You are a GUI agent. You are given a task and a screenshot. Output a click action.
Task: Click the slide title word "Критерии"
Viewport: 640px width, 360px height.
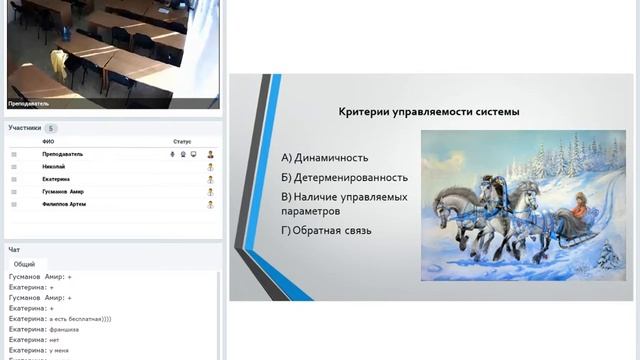[362, 112]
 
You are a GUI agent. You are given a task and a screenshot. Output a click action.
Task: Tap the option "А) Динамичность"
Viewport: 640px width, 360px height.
[325, 157]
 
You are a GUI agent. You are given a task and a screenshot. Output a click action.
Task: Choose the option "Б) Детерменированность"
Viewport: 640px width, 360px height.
[344, 177]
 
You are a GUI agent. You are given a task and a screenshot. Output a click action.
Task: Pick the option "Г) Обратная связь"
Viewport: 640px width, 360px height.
[327, 231]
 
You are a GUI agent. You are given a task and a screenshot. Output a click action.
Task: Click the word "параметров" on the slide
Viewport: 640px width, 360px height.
[311, 211]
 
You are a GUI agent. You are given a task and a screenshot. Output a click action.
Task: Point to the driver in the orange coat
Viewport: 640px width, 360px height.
[577, 210]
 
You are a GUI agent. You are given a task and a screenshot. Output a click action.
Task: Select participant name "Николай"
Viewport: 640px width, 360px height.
[54, 166]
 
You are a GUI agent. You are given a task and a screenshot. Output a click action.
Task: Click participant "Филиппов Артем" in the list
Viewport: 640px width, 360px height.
[64, 204]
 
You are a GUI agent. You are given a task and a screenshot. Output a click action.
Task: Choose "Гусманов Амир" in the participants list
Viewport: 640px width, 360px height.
[62, 191]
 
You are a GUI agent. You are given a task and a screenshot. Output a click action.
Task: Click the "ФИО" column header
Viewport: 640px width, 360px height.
[48, 142]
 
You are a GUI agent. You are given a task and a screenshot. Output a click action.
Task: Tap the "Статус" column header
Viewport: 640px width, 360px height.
[181, 142]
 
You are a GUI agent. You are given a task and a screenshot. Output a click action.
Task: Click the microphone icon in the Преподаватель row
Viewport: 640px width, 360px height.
[172, 154]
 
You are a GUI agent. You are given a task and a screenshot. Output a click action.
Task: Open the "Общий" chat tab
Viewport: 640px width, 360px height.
[24, 265]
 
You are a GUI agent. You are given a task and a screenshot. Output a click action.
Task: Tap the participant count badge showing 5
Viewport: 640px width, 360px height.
[51, 128]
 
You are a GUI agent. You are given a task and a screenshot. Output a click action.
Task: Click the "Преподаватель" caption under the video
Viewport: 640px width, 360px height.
[29, 103]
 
